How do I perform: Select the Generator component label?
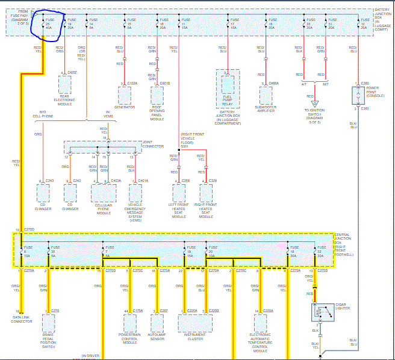pyautogui.click(x=124, y=107)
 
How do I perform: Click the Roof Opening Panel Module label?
pyautogui.click(x=157, y=113)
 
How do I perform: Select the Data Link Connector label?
pyautogui.click(x=22, y=320)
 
